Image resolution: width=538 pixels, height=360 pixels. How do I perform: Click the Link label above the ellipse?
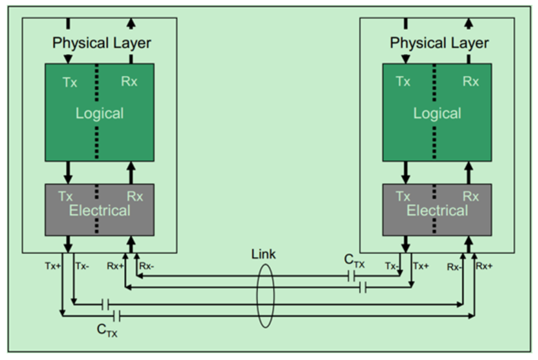pyautogui.click(x=264, y=254)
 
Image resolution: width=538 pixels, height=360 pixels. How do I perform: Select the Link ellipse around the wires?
pyautogui.click(x=257, y=295)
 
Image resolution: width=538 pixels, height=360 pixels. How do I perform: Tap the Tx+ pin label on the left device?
pyautogui.click(x=53, y=266)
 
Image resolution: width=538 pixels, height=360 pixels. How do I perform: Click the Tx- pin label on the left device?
pyautogui.click(x=82, y=266)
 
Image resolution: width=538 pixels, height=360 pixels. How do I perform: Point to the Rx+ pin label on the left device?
pyautogui.click(x=115, y=266)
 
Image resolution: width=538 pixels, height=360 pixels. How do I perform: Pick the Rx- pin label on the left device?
pyautogui.click(x=147, y=266)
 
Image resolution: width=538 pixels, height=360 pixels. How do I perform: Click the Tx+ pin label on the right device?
pyautogui.click(x=421, y=266)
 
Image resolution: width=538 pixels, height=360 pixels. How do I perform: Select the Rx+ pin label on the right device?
pyautogui.click(x=484, y=266)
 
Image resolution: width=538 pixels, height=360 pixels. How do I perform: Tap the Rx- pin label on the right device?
pyautogui.click(x=454, y=267)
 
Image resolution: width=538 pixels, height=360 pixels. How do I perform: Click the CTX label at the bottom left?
pyautogui.click(x=107, y=331)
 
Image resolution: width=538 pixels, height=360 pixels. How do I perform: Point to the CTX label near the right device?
pyautogui.click(x=354, y=261)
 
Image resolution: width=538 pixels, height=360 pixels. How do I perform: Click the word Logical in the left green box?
pyautogui.click(x=99, y=113)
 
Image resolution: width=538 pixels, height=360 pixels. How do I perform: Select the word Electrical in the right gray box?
pyautogui.click(x=437, y=210)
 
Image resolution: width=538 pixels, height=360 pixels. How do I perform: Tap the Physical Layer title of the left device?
pyautogui.click(x=102, y=43)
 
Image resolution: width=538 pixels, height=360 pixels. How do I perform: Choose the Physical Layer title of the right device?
pyautogui.click(x=439, y=43)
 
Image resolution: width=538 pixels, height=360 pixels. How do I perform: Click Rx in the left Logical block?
pyautogui.click(x=129, y=82)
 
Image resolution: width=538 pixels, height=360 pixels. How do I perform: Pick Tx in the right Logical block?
pyautogui.click(x=403, y=82)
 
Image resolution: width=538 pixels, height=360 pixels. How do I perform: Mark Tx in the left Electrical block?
pyautogui.click(x=66, y=196)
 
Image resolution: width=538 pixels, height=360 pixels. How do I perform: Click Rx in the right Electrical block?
pyautogui.click(x=470, y=196)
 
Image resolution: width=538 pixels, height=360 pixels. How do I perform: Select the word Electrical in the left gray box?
pyautogui.click(x=99, y=210)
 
